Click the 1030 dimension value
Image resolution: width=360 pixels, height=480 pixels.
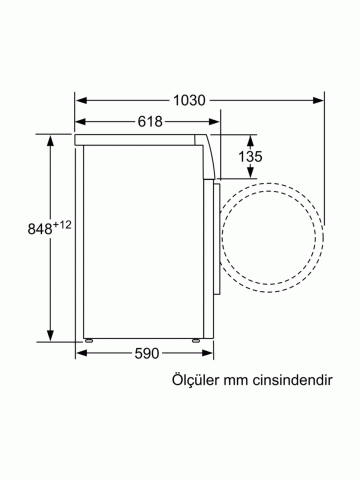pyautogui.click(x=189, y=100)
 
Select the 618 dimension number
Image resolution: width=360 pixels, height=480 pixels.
pyautogui.click(x=150, y=122)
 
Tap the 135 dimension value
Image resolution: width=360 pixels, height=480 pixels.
pyautogui.click(x=250, y=156)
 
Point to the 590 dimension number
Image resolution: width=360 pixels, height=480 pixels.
pyautogui.click(x=147, y=353)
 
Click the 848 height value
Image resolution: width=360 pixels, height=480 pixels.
pyautogui.click(x=40, y=229)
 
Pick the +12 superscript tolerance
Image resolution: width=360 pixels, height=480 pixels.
pyautogui.click(x=62, y=225)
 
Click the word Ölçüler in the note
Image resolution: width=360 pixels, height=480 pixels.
pyautogui.click(x=195, y=380)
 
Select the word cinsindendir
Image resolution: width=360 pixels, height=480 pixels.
pyautogui.click(x=292, y=380)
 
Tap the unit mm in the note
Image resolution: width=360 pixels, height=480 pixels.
pyautogui.click(x=236, y=382)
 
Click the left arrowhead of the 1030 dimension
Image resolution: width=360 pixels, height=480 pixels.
pyautogui.click(x=81, y=100)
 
